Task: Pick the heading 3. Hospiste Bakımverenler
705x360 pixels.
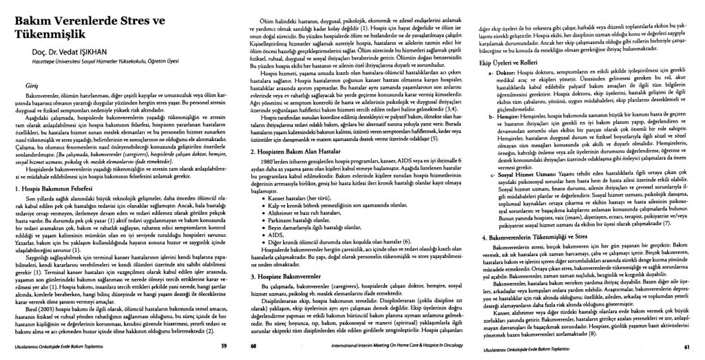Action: click(288, 276)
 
